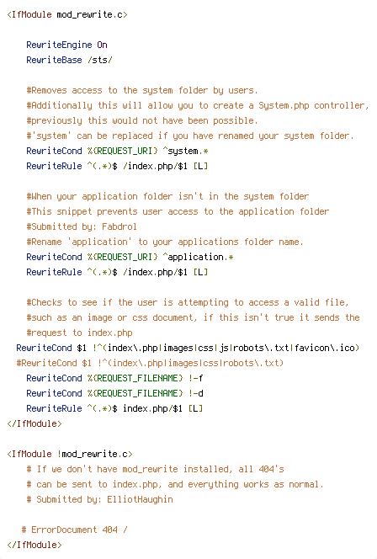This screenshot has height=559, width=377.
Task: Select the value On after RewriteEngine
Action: click(x=103, y=45)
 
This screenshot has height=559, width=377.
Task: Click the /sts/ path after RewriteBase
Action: click(x=100, y=60)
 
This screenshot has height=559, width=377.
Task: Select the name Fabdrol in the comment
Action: click(x=119, y=226)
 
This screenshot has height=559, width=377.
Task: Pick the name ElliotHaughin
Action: click(x=140, y=499)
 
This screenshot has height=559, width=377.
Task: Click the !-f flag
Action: click(x=195, y=378)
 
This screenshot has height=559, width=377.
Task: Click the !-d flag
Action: click(x=195, y=393)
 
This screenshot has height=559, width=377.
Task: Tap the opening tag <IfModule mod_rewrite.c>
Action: click(x=67, y=14)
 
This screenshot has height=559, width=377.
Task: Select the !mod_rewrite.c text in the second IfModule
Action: click(x=93, y=454)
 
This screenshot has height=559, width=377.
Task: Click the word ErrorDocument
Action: click(x=64, y=530)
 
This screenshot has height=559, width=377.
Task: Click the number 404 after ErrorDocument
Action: click(x=109, y=530)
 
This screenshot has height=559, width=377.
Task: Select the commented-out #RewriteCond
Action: click(x=46, y=363)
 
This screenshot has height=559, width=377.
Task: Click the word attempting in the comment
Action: click(x=203, y=303)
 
